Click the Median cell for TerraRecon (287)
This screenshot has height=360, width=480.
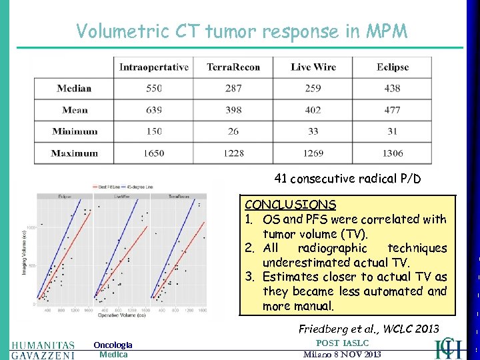tap(233, 88)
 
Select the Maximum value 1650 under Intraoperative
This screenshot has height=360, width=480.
tap(153, 153)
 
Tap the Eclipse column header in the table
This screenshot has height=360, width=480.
tap(392, 67)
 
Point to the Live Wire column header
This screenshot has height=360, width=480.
tap(313, 67)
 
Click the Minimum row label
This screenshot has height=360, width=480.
tap(75, 131)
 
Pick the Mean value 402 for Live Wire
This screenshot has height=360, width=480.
tap(313, 110)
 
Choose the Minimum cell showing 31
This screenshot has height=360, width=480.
tap(392, 131)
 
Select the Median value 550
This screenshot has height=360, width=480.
tap(153, 88)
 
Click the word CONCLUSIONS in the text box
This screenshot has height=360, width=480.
tap(290, 205)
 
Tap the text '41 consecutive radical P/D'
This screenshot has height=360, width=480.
tap(347, 179)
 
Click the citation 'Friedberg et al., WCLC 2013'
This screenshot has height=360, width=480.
tap(369, 328)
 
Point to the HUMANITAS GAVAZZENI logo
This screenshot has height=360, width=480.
tap(43, 349)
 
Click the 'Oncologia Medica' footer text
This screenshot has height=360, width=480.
tap(113, 349)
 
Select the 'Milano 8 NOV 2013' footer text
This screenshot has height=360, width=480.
tap(342, 355)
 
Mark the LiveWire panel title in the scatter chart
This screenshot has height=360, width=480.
tap(122, 197)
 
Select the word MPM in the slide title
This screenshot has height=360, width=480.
tap(384, 31)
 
